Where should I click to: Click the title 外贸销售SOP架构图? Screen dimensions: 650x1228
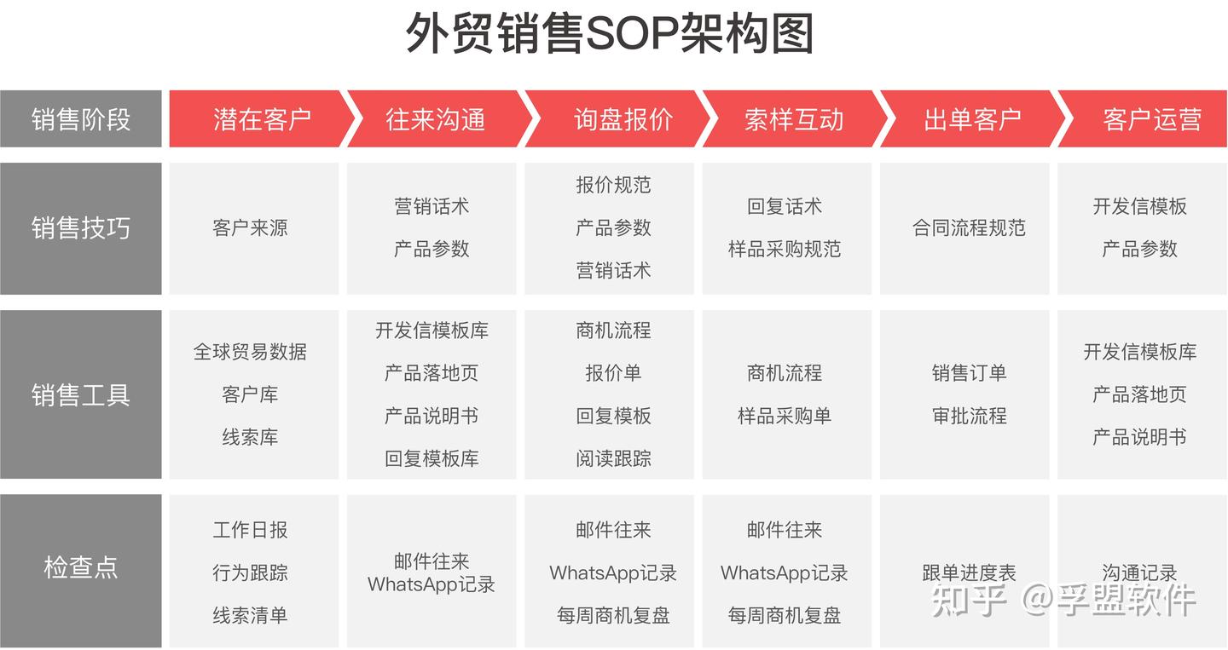tap(609, 35)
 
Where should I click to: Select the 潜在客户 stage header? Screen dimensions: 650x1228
tap(262, 119)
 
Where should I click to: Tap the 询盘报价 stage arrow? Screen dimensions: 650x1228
tap(623, 119)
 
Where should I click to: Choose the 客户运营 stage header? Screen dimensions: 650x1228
tap(1151, 119)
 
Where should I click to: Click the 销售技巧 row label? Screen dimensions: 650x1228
tap(81, 228)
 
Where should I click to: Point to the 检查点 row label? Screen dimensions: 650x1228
tap(81, 567)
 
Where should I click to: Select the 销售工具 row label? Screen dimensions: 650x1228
tap(81, 395)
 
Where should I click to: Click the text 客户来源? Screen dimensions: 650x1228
tap(250, 228)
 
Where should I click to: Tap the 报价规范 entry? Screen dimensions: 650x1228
tap(613, 185)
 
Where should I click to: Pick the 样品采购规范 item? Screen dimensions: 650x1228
tap(785, 249)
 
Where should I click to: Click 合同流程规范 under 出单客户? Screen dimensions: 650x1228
tap(969, 228)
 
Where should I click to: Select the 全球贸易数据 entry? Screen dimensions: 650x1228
tap(250, 352)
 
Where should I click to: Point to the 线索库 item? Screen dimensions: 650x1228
tap(250, 437)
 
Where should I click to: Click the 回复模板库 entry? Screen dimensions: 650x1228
tap(432, 458)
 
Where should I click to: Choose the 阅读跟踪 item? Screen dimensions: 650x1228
tap(613, 458)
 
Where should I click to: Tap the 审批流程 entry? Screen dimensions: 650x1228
tap(969, 416)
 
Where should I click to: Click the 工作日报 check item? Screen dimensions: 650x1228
tap(250, 530)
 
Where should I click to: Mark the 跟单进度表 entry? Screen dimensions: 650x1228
tap(969, 572)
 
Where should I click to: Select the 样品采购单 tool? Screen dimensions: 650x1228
tap(785, 416)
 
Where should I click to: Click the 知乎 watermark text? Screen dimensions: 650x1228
tap(969, 601)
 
